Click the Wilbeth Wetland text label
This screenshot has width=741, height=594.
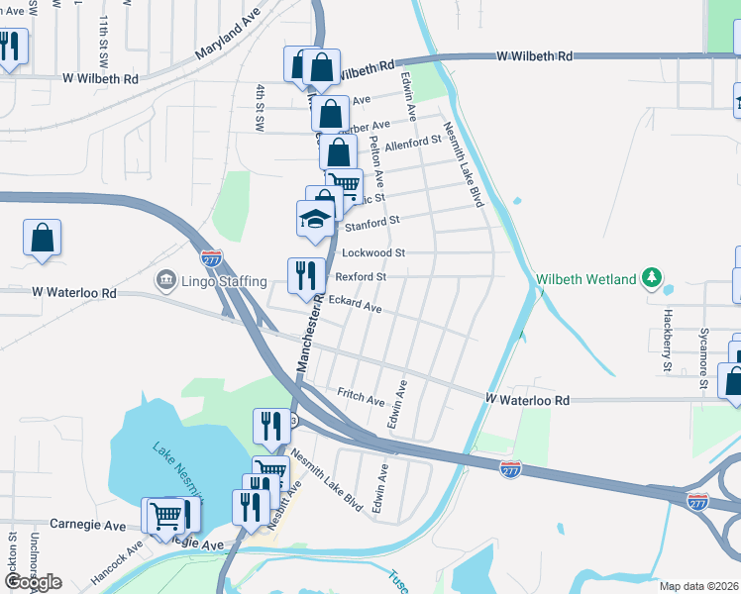pyautogui.click(x=585, y=279)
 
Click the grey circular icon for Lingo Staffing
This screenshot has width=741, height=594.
pyautogui.click(x=164, y=281)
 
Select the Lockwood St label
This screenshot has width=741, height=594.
pyautogui.click(x=373, y=253)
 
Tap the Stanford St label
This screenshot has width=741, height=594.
pyautogui.click(x=372, y=224)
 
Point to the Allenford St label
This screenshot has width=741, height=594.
pyautogui.click(x=411, y=144)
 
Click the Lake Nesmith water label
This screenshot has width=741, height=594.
pyautogui.click(x=178, y=469)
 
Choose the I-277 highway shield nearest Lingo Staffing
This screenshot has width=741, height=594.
pyautogui.click(x=211, y=258)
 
